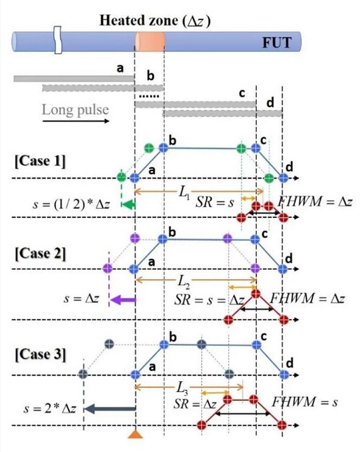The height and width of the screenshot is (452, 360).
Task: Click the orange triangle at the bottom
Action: point(135,434)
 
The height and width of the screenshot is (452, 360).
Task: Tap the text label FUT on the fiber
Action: point(277,42)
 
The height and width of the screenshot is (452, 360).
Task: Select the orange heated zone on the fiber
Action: point(149,42)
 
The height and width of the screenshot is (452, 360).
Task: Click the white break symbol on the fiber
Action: point(58,40)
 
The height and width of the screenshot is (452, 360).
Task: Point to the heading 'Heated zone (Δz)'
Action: point(155,21)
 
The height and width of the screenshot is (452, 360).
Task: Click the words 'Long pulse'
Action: point(76,110)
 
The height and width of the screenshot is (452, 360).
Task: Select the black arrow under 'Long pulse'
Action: point(76,121)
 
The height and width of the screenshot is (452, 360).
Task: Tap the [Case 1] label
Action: point(40,161)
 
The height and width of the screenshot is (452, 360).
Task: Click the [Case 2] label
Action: point(40,253)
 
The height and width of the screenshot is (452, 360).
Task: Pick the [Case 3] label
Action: point(40,354)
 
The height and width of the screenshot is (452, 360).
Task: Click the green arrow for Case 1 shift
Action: point(129,205)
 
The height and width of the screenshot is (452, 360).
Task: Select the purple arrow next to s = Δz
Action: point(123,300)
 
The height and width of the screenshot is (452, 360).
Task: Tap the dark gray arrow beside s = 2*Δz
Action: point(110,409)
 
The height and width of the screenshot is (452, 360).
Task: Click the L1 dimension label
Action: point(184,192)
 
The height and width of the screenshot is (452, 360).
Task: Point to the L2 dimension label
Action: point(184,281)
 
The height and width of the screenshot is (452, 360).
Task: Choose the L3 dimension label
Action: point(182,388)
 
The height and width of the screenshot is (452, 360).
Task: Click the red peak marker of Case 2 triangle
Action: point(256,294)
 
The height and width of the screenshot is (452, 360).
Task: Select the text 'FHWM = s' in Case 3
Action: point(304,402)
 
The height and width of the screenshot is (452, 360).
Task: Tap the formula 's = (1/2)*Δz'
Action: point(71,205)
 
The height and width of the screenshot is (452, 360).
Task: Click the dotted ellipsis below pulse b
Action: point(149,96)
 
